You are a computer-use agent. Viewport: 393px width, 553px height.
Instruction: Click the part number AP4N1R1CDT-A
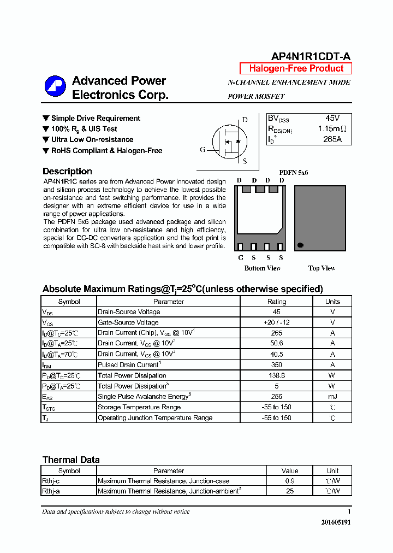[x=311, y=57]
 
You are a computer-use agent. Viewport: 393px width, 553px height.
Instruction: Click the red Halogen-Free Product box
[x=296, y=68]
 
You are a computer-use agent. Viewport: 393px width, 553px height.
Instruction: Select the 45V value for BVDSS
[x=332, y=118]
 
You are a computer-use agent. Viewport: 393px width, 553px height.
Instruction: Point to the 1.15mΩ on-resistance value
[x=332, y=129]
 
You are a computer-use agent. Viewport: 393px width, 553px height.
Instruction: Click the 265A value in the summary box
[x=332, y=139]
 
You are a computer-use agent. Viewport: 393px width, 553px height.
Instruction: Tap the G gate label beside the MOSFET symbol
[x=203, y=150]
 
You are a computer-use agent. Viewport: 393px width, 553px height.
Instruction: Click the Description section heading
[x=67, y=172]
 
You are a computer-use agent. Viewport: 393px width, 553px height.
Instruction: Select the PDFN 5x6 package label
[x=294, y=172]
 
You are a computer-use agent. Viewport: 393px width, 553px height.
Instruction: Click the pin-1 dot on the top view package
[x=300, y=245]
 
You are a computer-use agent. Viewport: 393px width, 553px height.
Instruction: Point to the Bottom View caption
[x=263, y=268]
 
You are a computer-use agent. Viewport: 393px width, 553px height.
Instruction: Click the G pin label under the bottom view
[x=241, y=258]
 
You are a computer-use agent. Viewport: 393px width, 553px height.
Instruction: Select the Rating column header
[x=276, y=302]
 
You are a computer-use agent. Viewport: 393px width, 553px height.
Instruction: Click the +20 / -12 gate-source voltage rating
[x=276, y=322]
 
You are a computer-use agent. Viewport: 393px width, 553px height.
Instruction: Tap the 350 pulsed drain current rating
[x=276, y=365]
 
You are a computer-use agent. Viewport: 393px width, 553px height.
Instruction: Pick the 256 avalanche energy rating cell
[x=276, y=397]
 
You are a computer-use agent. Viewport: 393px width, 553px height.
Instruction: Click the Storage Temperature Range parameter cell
[x=139, y=407]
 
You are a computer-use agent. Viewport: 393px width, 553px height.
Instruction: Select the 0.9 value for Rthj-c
[x=290, y=481]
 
